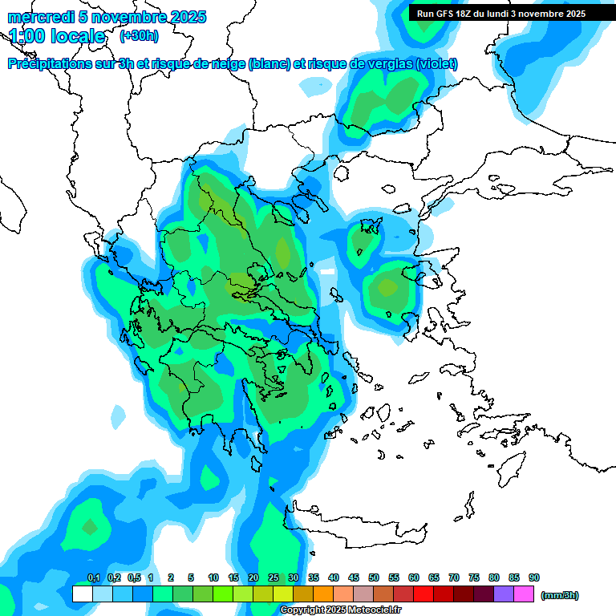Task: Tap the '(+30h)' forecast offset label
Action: coord(139,36)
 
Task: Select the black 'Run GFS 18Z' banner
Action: coord(501,13)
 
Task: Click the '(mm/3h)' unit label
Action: coord(559,595)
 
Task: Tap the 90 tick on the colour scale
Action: coord(534,577)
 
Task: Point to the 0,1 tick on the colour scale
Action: coord(93,577)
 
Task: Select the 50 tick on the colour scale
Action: coord(374,577)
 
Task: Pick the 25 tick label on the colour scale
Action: coord(274,577)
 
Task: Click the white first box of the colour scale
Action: coord(83,594)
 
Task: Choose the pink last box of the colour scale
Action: coord(524,594)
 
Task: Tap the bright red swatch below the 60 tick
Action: coord(423,594)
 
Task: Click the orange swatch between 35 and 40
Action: coord(323,594)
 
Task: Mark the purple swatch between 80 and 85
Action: coord(504,594)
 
